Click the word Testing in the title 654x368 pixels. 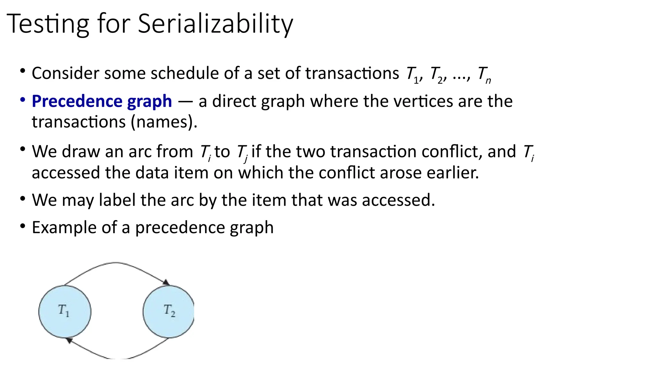click(48, 24)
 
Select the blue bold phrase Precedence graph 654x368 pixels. click(102, 101)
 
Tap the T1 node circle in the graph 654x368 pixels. click(65, 311)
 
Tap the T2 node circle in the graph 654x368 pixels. click(169, 311)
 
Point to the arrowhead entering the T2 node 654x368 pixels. click(166, 282)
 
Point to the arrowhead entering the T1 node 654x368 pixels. click(69, 341)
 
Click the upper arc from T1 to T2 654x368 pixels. click(116, 263)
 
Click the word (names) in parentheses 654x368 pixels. click(164, 122)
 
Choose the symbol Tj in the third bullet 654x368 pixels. click(242, 152)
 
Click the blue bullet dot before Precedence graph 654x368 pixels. click(22, 100)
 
